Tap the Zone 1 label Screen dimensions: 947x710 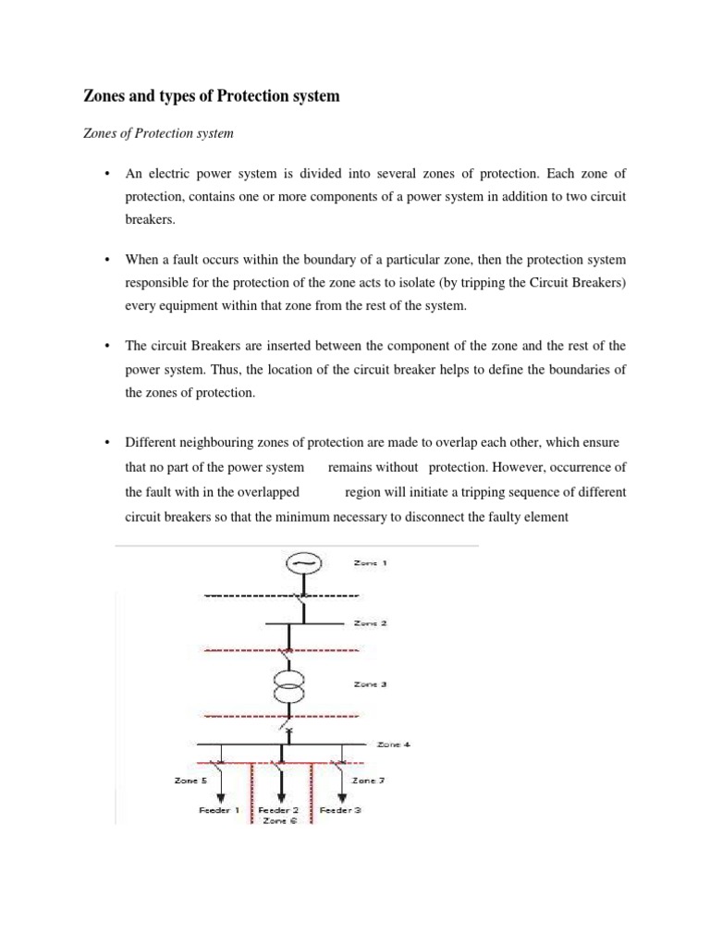pyautogui.click(x=370, y=562)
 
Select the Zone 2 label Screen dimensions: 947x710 pyautogui.click(x=370, y=623)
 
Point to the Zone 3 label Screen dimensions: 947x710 pyautogui.click(x=370, y=685)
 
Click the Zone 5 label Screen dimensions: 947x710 pyautogui.click(x=191, y=780)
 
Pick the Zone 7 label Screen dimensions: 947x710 pyautogui.click(x=368, y=780)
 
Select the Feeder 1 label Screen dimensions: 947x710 pyautogui.click(x=220, y=809)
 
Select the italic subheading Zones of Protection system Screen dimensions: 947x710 pyautogui.click(x=147, y=133)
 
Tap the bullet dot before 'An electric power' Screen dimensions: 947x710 pyautogui.click(x=108, y=174)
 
